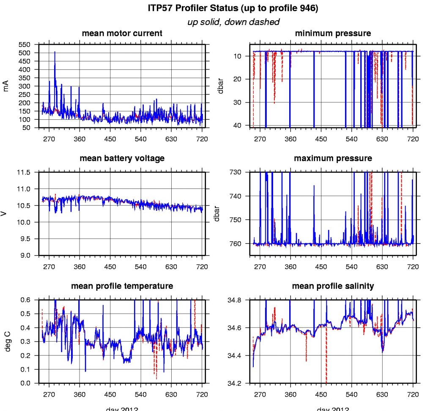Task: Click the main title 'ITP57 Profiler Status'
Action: (x=233, y=8)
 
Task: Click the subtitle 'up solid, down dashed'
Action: (x=233, y=22)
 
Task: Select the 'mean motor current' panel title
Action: (x=122, y=33)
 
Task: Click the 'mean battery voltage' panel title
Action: (x=122, y=158)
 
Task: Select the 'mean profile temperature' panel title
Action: (x=122, y=286)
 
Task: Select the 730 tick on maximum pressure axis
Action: (x=237, y=172)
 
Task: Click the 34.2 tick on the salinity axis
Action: (x=235, y=383)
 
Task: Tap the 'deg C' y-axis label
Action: (x=6, y=341)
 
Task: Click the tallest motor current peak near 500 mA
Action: (x=55, y=52)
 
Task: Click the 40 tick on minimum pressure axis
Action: (x=238, y=125)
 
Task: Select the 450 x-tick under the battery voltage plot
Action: (x=110, y=267)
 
